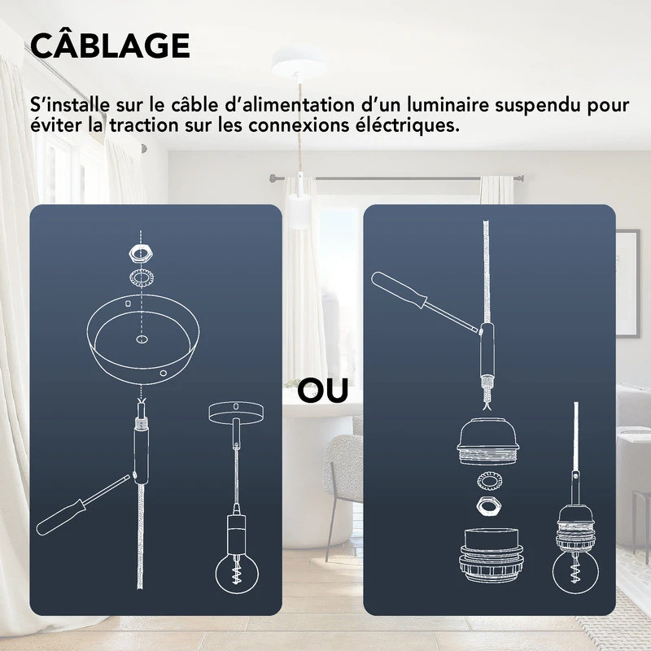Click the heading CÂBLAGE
tap(110, 46)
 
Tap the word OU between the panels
tap(323, 391)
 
